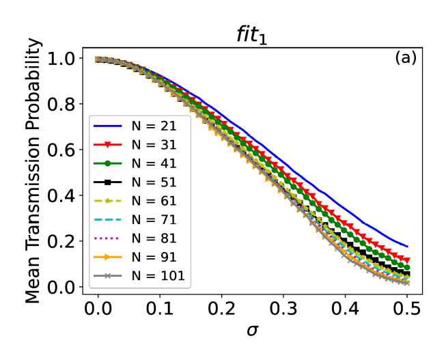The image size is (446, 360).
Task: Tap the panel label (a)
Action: (x=405, y=58)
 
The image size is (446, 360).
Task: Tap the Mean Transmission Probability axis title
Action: (x=35, y=171)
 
